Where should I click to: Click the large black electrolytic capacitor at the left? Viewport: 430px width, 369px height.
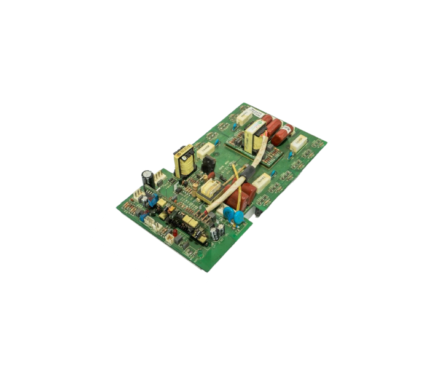(148, 178)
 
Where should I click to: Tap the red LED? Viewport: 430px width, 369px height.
(174, 235)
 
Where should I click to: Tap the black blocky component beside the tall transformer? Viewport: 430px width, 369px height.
(208, 164)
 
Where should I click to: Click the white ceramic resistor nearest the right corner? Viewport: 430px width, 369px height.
(299, 144)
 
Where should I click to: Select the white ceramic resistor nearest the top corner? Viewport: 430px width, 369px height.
(245, 117)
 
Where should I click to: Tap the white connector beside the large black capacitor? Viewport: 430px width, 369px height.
(159, 178)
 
